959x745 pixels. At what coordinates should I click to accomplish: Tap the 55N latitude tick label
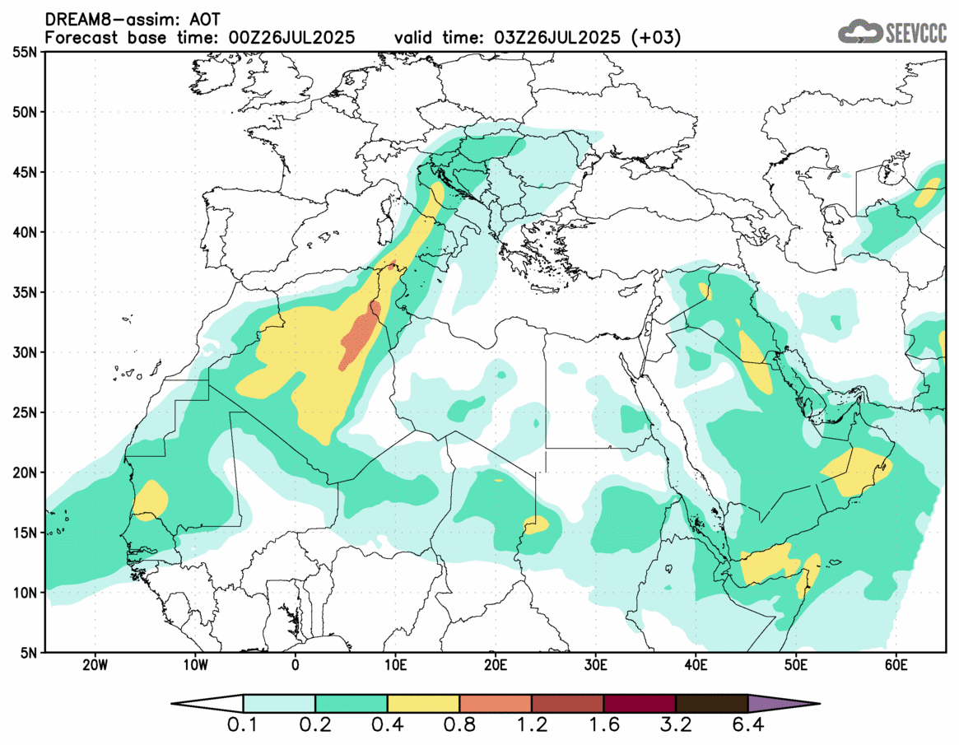[x=25, y=52]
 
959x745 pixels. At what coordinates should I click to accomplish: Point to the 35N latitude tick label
[x=25, y=292]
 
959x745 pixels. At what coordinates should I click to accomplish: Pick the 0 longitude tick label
[x=296, y=664]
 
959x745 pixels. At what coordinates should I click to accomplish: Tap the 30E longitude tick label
[x=596, y=664]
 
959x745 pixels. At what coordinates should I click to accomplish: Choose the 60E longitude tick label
[x=896, y=664]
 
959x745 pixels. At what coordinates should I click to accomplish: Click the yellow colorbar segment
[x=423, y=704]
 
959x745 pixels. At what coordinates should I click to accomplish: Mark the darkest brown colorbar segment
[x=711, y=704]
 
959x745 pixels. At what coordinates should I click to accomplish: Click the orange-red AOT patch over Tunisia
[x=361, y=338]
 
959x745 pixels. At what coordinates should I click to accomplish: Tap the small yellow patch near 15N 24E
[x=535, y=524]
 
